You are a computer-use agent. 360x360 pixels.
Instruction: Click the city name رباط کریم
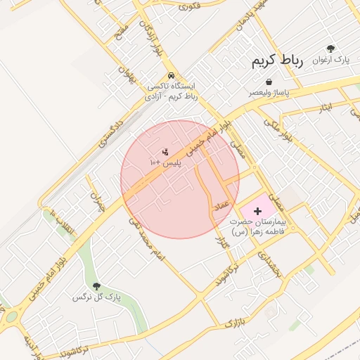tap(277, 61)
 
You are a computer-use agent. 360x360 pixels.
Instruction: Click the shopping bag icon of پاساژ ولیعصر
tap(269, 82)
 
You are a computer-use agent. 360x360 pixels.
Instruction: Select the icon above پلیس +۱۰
tap(165, 151)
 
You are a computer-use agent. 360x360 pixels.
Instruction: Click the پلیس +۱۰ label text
tap(165, 162)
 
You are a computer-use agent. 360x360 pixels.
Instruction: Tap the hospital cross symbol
tap(257, 210)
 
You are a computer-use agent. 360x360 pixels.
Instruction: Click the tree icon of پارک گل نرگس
tap(96, 286)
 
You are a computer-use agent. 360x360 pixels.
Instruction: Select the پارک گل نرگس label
tap(96, 297)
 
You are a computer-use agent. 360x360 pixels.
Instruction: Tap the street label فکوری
tap(190, 6)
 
